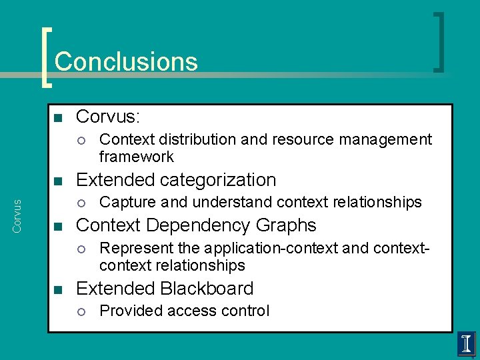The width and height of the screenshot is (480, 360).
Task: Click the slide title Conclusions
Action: tap(126, 61)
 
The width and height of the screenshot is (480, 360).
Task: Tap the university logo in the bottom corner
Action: tap(466, 344)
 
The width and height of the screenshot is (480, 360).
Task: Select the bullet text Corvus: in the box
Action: tap(108, 117)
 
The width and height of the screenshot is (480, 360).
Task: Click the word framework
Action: tap(136, 157)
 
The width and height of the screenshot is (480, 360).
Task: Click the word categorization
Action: tap(214, 180)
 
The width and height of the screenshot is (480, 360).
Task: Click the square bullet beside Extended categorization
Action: tap(57, 181)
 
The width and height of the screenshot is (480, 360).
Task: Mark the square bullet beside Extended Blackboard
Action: tap(57, 289)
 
